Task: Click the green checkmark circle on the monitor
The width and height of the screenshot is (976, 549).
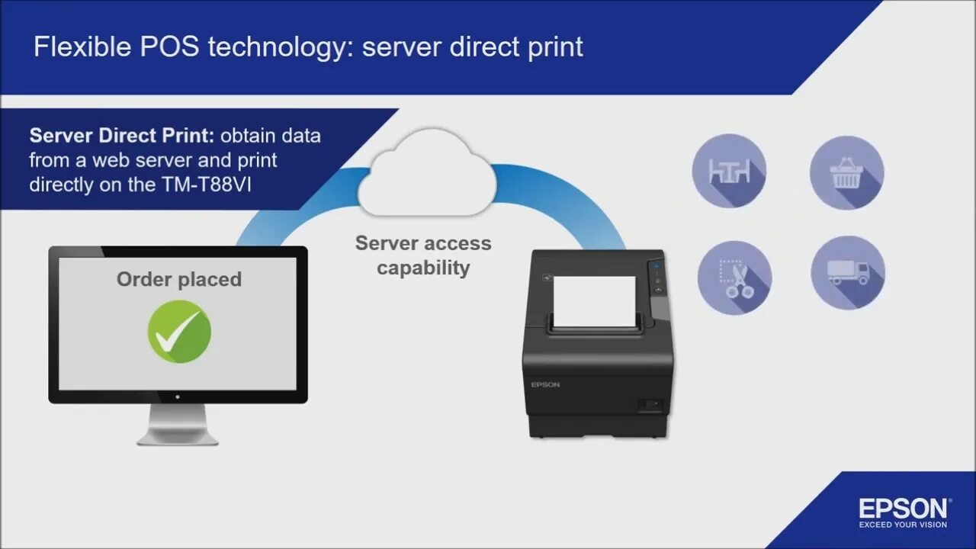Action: click(179, 332)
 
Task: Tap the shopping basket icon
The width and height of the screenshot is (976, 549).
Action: click(846, 172)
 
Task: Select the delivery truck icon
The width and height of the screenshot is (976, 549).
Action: click(847, 273)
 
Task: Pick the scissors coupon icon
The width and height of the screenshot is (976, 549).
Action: click(734, 278)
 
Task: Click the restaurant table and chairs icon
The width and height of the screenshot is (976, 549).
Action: click(729, 172)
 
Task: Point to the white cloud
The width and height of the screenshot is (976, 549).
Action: click(426, 174)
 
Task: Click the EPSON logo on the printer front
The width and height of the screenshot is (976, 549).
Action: click(546, 384)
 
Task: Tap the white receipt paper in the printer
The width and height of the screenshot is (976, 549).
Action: click(594, 301)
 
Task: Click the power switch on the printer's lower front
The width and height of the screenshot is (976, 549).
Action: click(650, 404)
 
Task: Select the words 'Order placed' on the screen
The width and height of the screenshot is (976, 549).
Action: click(179, 279)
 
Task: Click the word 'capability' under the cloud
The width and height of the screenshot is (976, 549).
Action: click(423, 268)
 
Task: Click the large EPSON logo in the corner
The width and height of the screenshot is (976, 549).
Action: click(904, 509)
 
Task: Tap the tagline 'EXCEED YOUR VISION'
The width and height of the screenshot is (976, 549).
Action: click(904, 525)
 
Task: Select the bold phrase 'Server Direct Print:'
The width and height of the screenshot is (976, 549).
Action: click(124, 136)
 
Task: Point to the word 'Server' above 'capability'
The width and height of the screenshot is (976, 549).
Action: click(390, 244)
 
